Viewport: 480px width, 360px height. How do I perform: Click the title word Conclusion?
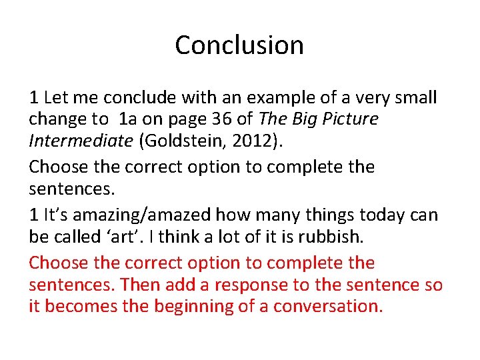click(239, 45)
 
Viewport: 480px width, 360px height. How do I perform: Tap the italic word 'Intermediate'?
click(81, 141)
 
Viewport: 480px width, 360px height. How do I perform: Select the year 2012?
click(250, 141)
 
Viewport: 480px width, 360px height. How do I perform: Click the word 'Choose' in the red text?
click(54, 263)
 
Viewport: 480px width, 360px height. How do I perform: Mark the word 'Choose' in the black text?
click(54, 167)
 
